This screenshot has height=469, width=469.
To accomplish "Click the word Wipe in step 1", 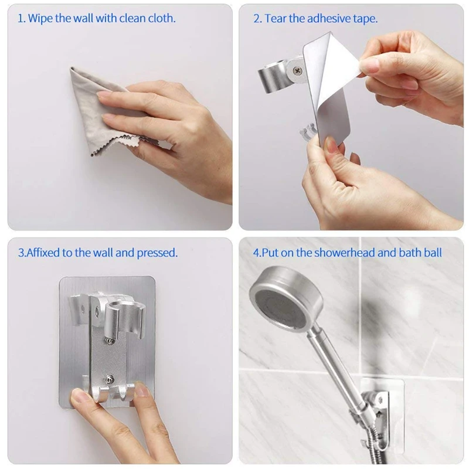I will point(42,18).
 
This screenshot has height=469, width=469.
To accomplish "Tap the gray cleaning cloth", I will point(88,111).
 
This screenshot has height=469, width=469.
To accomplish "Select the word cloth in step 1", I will point(161,18).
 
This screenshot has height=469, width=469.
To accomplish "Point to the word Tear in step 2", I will point(276,18).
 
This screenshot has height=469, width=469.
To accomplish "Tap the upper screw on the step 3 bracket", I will point(108,337).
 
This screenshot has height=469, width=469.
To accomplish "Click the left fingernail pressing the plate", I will point(84,396).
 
